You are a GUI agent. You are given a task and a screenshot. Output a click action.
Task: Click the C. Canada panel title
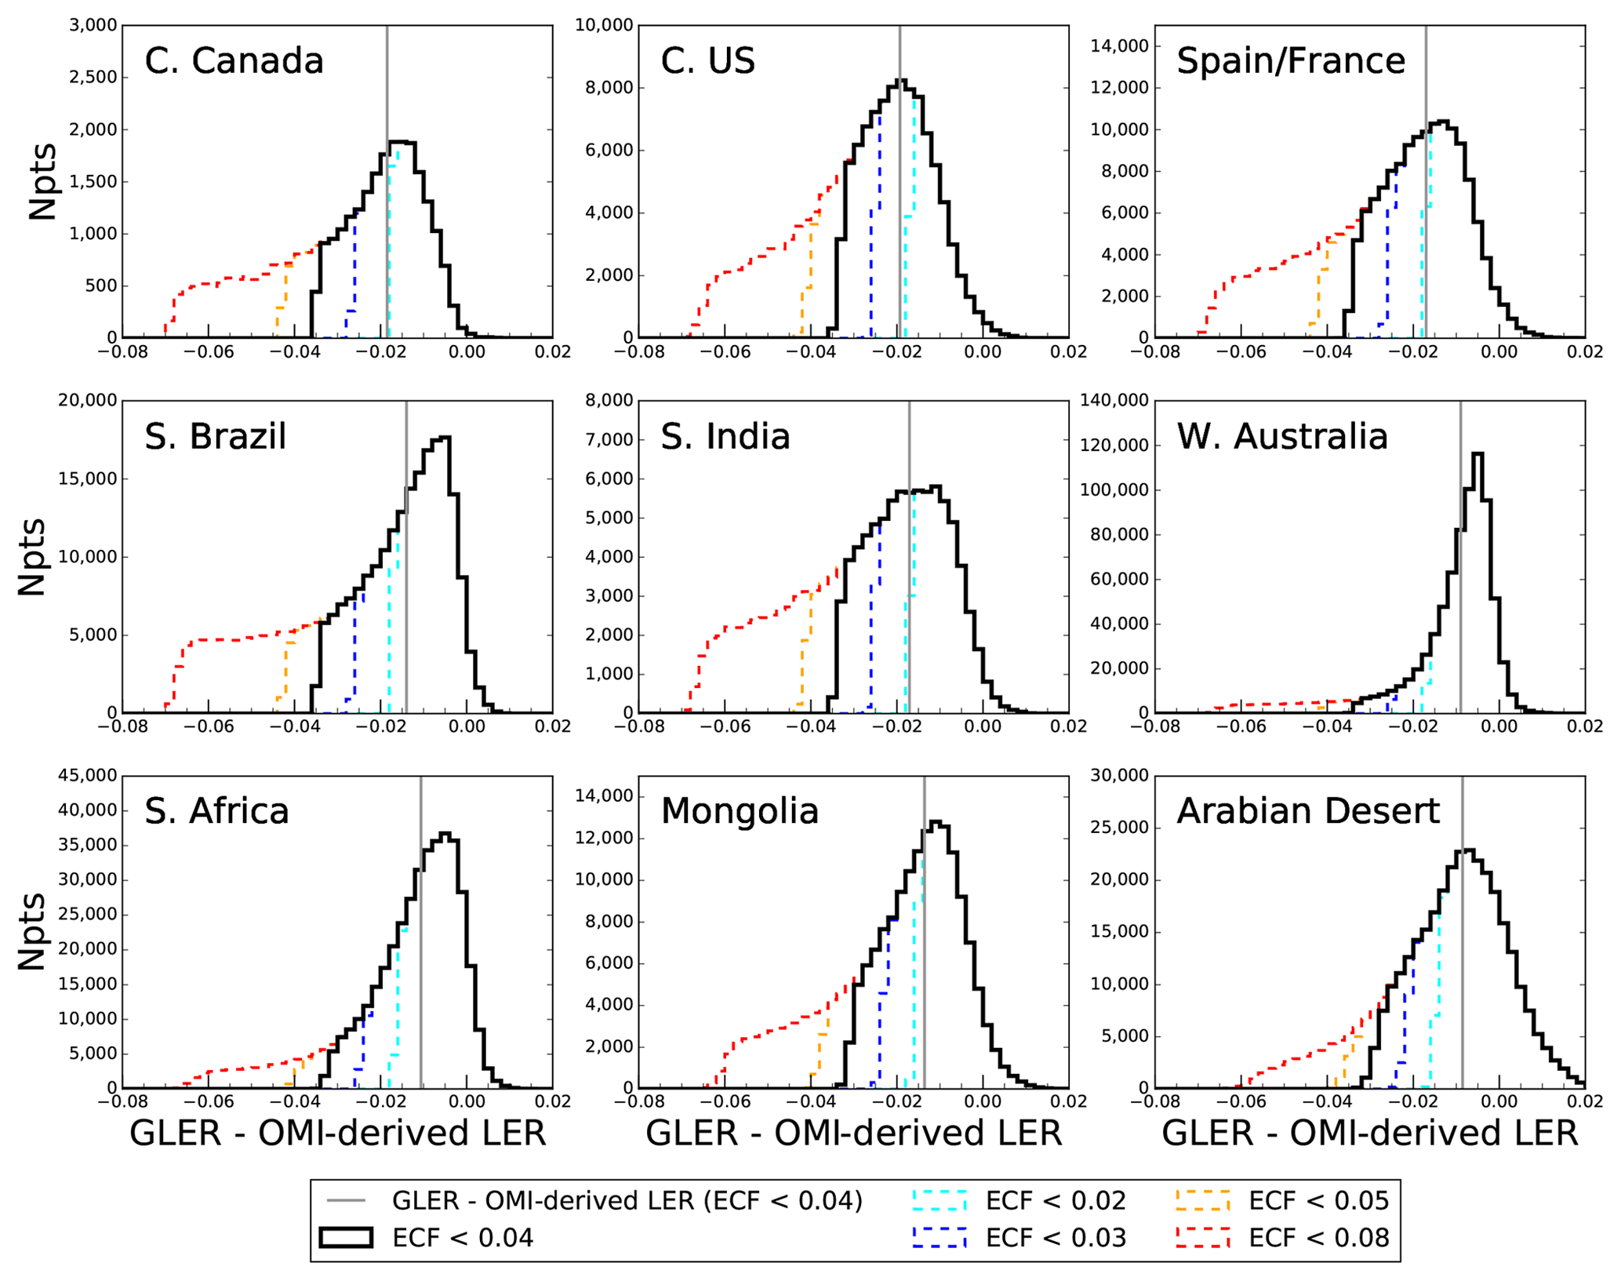click(x=234, y=61)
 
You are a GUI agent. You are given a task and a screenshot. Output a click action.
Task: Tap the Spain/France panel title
click(x=1290, y=61)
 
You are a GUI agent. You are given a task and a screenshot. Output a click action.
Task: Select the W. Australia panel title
click(x=1281, y=436)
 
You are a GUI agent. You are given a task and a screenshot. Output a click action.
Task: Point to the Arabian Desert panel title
click(x=1307, y=811)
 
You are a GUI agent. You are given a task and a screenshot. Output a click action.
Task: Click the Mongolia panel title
click(x=740, y=811)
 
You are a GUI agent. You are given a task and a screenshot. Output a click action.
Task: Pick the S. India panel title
click(x=725, y=436)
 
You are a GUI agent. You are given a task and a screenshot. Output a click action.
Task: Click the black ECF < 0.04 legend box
click(x=346, y=1237)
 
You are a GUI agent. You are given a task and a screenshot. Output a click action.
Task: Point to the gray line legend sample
click(x=346, y=1200)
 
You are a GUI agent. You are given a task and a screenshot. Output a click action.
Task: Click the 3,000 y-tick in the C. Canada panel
click(x=93, y=25)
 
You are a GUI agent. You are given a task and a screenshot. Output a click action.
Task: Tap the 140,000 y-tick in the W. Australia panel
click(x=1114, y=400)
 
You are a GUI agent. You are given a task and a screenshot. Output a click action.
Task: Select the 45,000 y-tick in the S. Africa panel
click(x=88, y=775)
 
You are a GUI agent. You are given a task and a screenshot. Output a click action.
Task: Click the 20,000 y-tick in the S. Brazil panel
click(x=88, y=400)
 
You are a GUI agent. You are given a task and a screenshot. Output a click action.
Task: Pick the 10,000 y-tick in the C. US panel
click(x=604, y=25)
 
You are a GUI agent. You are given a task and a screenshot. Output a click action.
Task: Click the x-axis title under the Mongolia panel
click(x=853, y=1134)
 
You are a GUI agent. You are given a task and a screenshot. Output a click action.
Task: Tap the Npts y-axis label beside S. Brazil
click(x=32, y=556)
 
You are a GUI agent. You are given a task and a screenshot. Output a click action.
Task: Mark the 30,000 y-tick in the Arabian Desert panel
click(x=1120, y=775)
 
